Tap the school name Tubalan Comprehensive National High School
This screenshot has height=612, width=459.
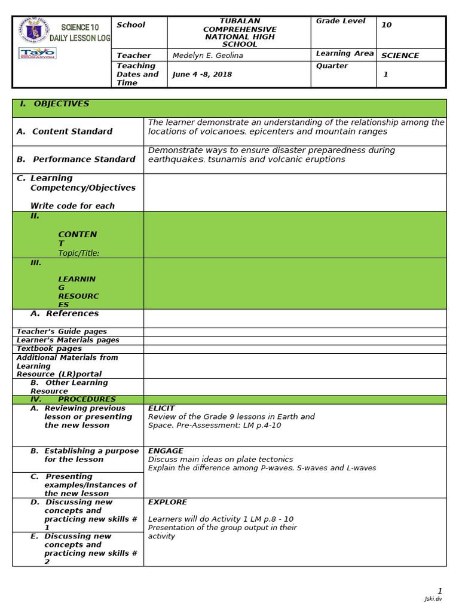(x=240, y=32)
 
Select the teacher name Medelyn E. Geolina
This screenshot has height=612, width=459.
(x=208, y=56)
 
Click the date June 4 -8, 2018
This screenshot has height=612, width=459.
(x=202, y=75)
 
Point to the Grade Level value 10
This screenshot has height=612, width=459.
(x=386, y=25)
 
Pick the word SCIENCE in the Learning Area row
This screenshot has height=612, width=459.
(x=400, y=56)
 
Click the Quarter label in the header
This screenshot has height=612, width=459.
(x=332, y=66)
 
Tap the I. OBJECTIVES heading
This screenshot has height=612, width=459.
(x=54, y=104)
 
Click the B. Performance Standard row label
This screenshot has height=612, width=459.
(x=76, y=160)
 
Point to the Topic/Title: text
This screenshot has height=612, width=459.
(x=79, y=253)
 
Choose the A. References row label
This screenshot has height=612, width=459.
(x=64, y=314)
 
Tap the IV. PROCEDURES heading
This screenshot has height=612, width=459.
(x=73, y=399)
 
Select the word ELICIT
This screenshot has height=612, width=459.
(x=161, y=409)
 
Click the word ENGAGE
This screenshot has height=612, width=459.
(x=166, y=451)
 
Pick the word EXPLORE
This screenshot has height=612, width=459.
(x=167, y=503)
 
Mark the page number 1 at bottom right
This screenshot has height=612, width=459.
(x=440, y=591)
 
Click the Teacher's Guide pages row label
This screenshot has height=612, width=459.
(x=62, y=332)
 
